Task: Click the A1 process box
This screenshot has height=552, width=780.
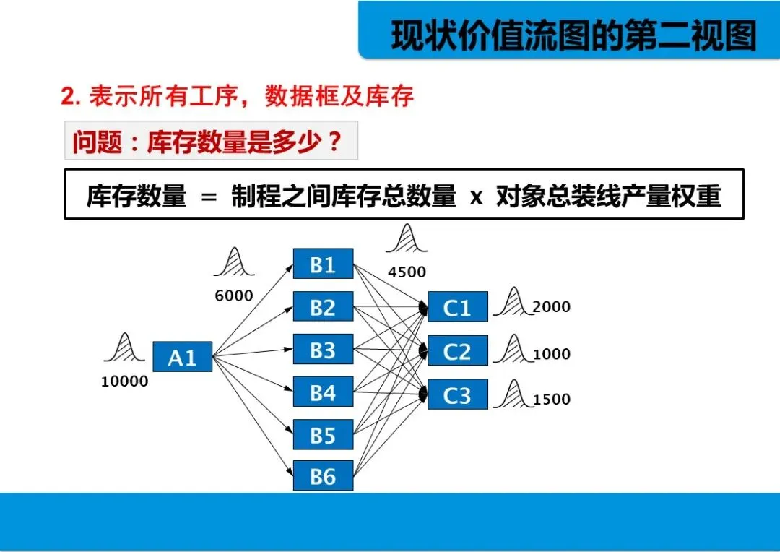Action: click(182, 357)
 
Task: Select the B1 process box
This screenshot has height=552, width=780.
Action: click(323, 264)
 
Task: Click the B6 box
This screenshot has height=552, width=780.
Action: click(323, 475)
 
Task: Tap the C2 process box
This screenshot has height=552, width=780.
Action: click(457, 351)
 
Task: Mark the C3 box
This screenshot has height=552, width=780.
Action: click(457, 394)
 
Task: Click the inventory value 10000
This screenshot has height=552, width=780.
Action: click(124, 381)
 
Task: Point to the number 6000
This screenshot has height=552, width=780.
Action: click(234, 296)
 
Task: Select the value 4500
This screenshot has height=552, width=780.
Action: click(407, 272)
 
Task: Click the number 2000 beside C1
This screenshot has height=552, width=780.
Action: click(551, 307)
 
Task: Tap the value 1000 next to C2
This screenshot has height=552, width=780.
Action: click(551, 354)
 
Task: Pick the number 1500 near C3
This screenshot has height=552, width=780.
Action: click(551, 399)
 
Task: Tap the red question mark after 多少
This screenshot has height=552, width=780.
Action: click(334, 142)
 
